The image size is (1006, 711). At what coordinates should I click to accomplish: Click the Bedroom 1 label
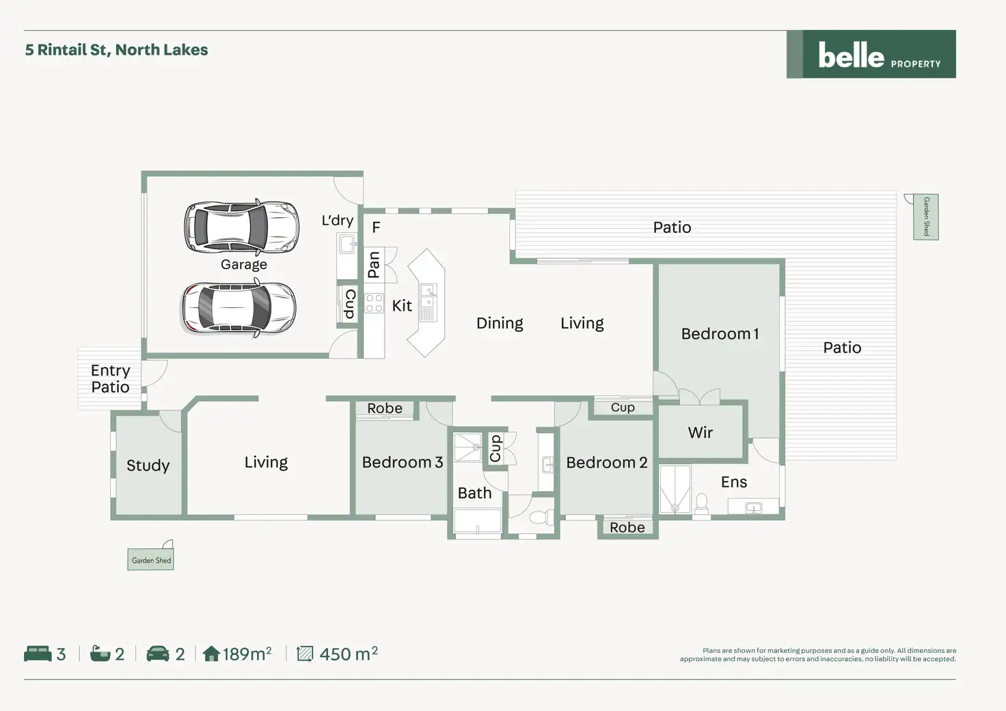(720, 334)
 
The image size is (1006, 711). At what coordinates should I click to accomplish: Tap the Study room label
(148, 466)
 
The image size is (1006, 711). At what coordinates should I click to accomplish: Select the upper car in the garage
(241, 227)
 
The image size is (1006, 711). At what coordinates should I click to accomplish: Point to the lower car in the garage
(239, 309)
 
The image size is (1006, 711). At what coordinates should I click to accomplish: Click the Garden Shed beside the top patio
(926, 217)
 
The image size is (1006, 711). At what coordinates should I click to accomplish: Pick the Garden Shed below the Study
(151, 560)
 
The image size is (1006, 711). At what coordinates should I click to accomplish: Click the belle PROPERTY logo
(871, 55)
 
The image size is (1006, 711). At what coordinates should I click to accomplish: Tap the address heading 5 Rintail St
(117, 50)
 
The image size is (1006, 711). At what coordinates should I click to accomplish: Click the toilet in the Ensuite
(701, 503)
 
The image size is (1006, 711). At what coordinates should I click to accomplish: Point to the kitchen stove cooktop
(374, 303)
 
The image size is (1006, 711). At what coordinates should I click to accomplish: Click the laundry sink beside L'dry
(347, 243)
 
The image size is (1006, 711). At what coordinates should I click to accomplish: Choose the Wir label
(700, 432)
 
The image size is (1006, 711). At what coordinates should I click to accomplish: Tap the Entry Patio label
(110, 378)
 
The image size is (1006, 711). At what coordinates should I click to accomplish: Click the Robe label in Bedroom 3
(385, 408)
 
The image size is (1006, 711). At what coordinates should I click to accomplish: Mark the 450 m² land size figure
(348, 654)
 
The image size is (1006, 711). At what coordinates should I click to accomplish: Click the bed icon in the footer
(38, 654)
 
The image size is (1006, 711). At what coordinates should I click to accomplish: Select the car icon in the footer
(158, 654)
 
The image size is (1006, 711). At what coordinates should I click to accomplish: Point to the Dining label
(500, 323)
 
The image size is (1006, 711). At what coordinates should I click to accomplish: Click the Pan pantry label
(373, 265)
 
